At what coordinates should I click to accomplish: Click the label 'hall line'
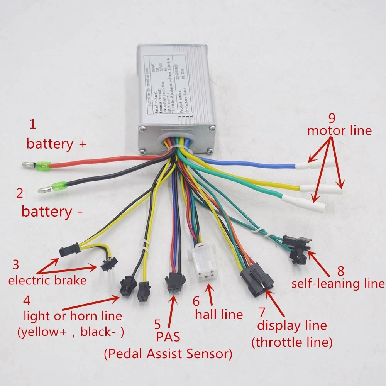(x=219, y=314)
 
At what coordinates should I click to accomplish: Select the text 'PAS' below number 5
(x=168, y=337)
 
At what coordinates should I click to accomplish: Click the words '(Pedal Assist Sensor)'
(x=168, y=353)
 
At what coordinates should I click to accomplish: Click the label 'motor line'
(x=339, y=130)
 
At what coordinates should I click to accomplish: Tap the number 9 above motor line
(x=333, y=117)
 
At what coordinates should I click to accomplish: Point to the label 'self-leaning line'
(x=338, y=284)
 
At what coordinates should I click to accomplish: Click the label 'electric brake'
(x=47, y=280)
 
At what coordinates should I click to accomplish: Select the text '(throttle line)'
(x=292, y=342)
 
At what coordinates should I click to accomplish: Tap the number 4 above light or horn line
(x=27, y=300)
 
